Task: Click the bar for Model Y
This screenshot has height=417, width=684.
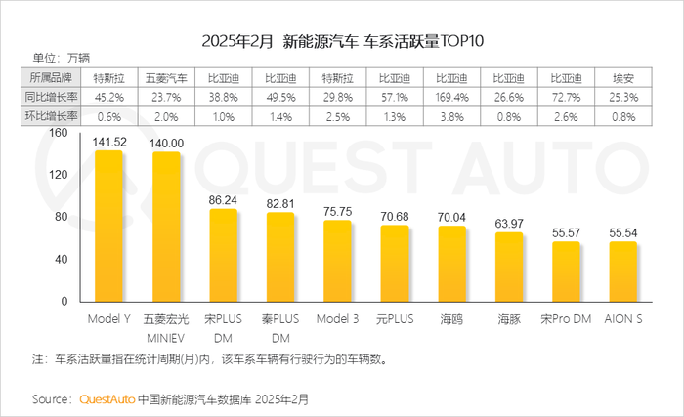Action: tap(108, 227)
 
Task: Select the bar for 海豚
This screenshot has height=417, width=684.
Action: tap(509, 267)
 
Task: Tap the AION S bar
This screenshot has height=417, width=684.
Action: tap(623, 271)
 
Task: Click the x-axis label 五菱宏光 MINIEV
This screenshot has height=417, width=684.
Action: tap(165, 327)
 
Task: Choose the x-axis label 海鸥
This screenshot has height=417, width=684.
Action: tap(451, 318)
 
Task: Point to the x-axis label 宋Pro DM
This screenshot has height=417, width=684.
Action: tap(566, 318)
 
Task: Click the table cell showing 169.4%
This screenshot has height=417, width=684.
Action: tap(451, 97)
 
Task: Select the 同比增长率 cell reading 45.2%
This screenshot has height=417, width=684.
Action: tap(108, 97)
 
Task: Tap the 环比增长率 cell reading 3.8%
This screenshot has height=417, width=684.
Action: tap(451, 117)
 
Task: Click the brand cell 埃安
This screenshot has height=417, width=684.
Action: tap(623, 76)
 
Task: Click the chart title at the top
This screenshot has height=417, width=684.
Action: tap(342, 42)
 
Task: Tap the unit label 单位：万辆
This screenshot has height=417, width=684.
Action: tap(60, 59)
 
